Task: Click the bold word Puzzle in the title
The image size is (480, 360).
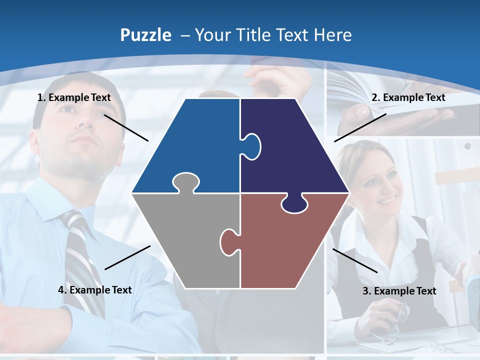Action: click(145, 35)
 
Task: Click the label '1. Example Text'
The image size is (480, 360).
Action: click(74, 97)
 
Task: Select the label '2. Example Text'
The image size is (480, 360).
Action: click(408, 97)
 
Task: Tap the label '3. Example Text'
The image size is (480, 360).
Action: click(399, 291)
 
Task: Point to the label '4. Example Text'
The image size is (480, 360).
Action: click(95, 290)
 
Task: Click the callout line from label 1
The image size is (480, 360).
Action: click(126, 128)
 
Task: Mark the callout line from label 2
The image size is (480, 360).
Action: click(360, 127)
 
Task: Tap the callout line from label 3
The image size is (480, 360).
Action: click(355, 260)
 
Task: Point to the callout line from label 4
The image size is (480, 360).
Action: click(127, 257)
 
